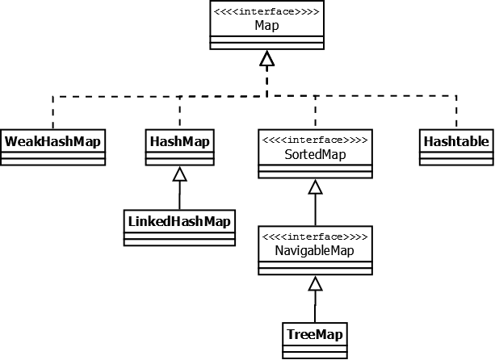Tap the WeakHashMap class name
tap(52, 142)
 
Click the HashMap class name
tap(179, 142)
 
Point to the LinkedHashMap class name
tap(179, 221)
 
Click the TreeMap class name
tap(315, 333)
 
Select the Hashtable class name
tap(456, 142)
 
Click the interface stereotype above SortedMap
tap(315, 138)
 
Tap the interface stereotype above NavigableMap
tap(315, 237)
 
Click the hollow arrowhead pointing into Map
tap(266, 58)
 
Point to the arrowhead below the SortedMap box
tap(315, 187)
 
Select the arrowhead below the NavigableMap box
tap(315, 283)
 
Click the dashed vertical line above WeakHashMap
tap(53, 111)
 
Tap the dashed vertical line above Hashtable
tap(456, 111)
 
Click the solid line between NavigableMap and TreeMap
tap(315, 307)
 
